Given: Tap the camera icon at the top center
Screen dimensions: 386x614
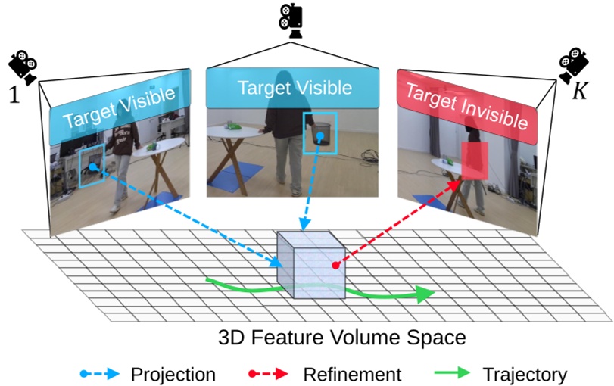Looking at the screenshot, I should pos(291,21).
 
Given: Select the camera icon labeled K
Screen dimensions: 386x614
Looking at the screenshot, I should pos(574,66).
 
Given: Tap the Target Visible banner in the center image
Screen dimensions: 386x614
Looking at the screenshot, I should pos(295,88).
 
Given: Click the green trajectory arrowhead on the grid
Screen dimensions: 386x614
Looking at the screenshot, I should pos(424,294).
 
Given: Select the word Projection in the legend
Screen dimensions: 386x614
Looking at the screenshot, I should pos(173,373).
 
